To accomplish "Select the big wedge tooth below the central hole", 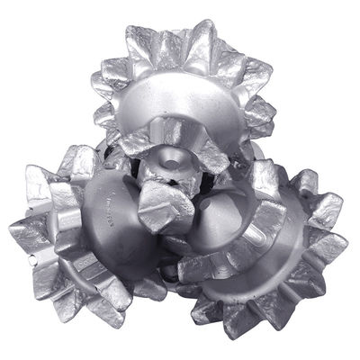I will coord(166,211).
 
